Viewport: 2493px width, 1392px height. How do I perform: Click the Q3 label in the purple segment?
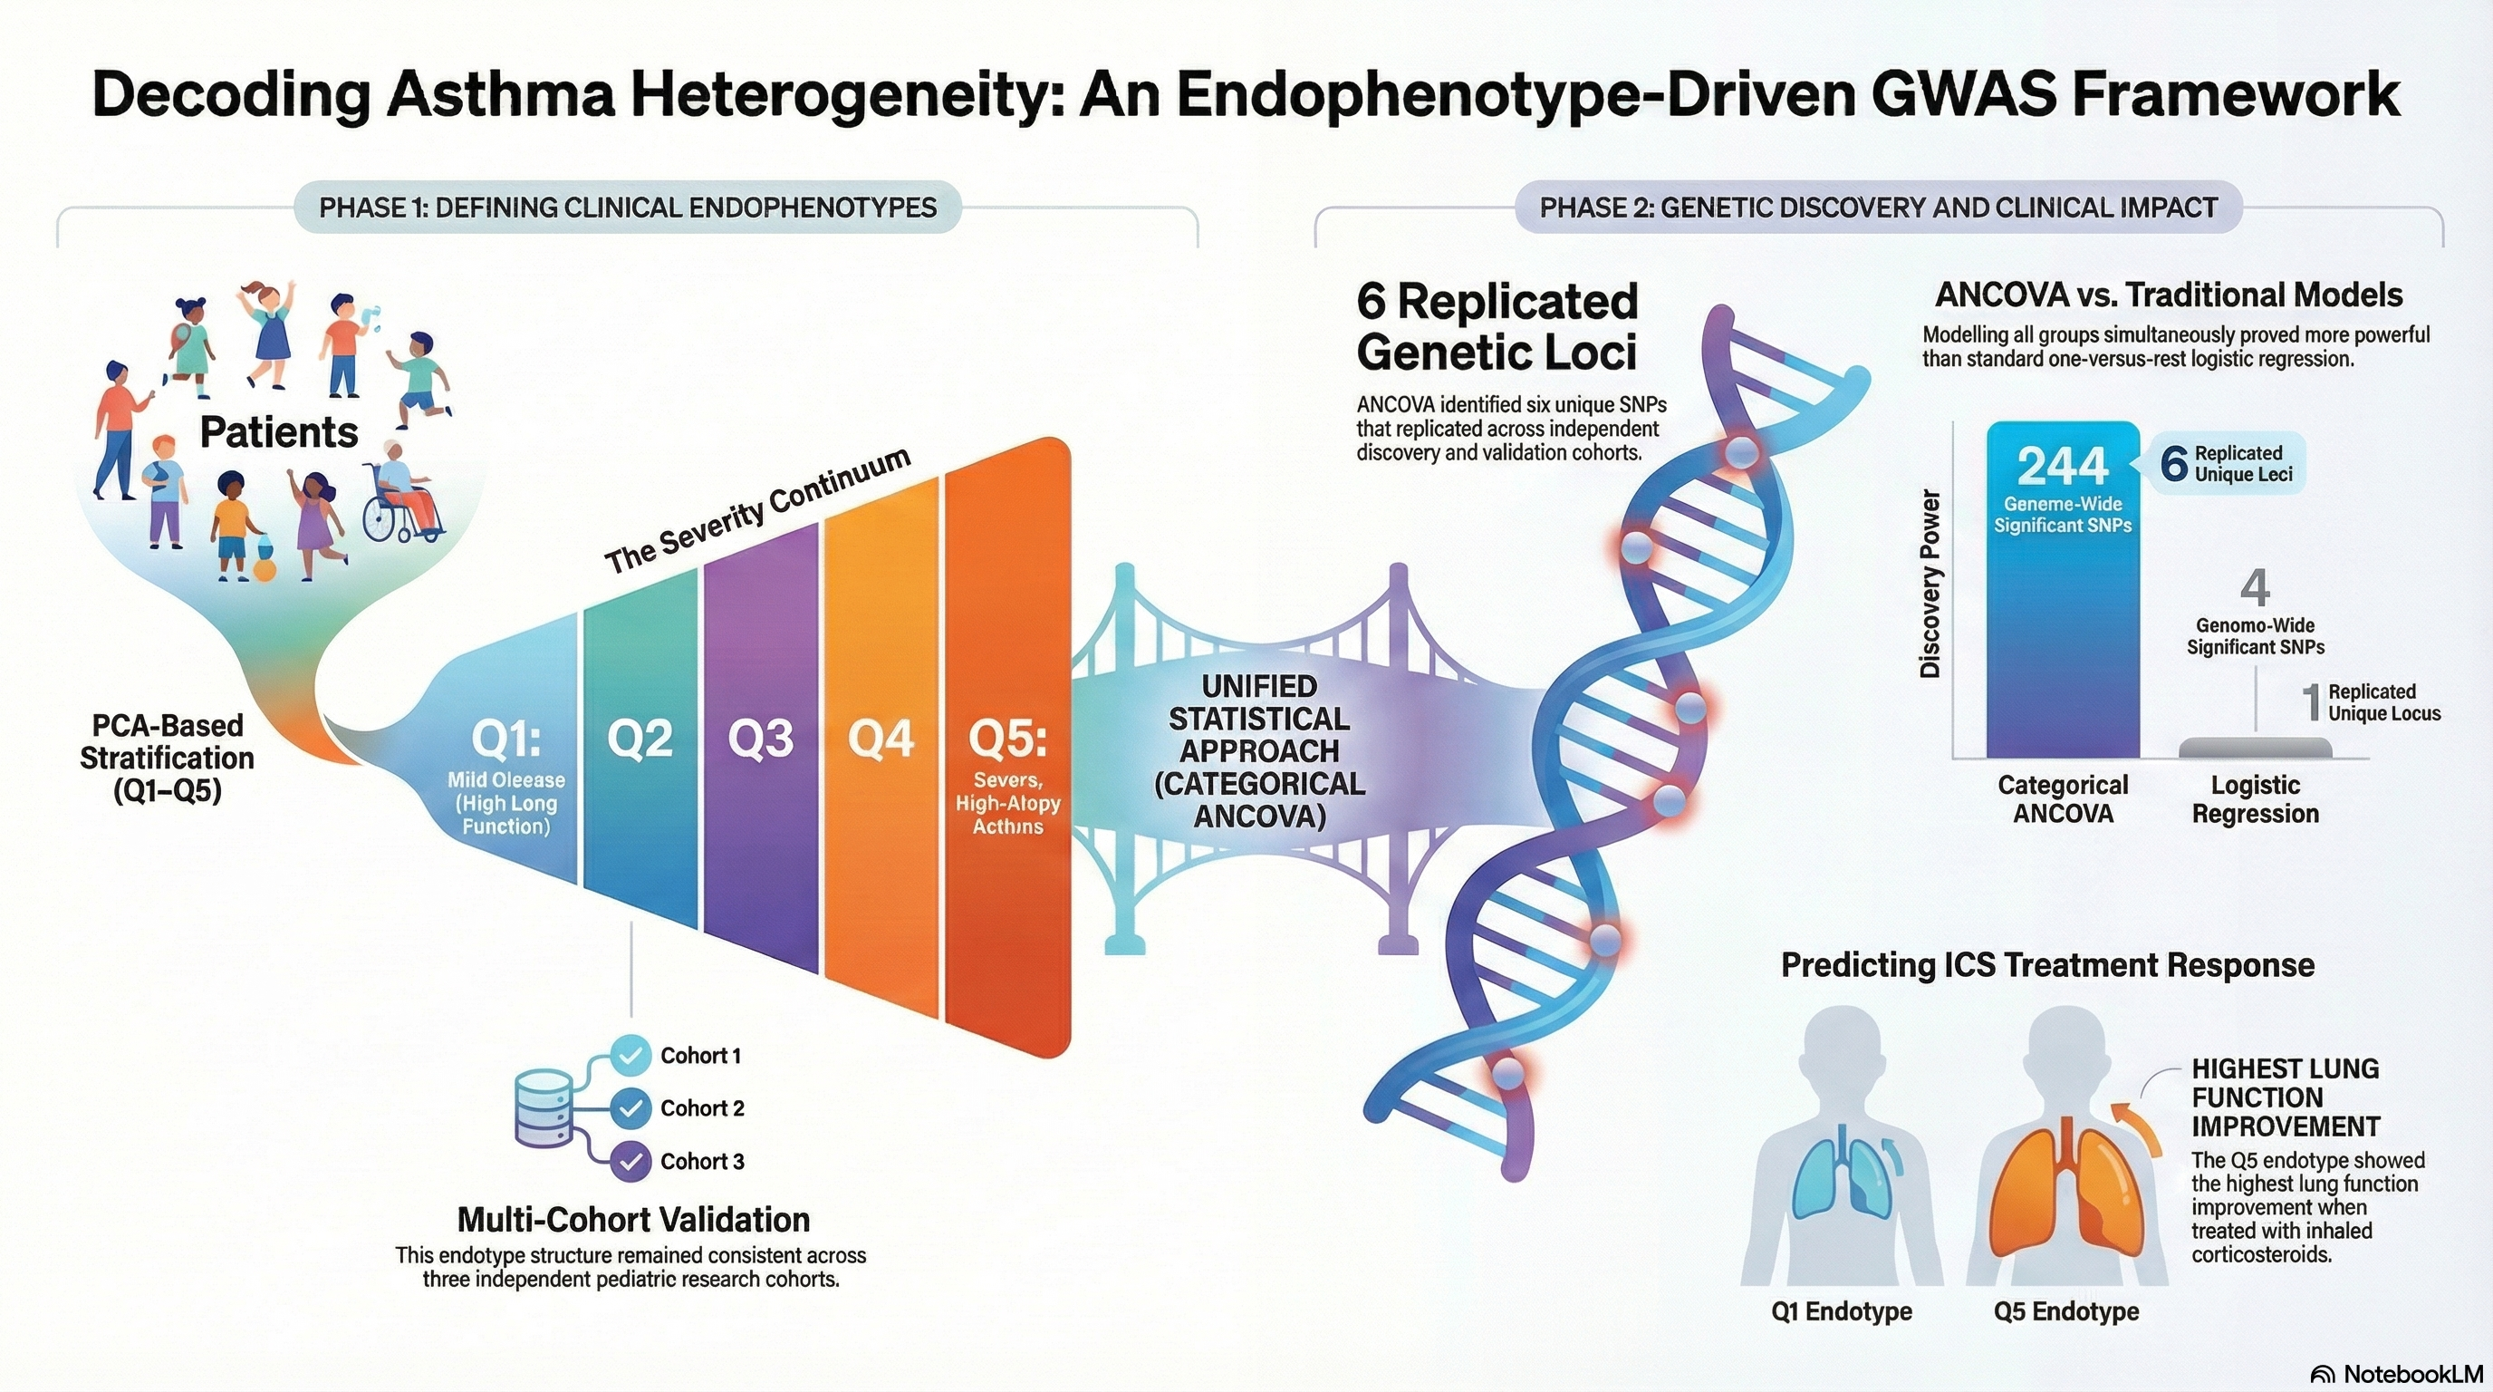coord(761,739)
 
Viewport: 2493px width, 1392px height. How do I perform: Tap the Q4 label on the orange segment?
coord(881,739)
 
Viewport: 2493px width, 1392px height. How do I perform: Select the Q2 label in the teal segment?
coord(640,739)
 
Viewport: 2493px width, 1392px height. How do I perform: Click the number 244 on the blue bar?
coord(2063,467)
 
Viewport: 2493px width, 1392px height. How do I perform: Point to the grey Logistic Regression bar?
coord(2255,748)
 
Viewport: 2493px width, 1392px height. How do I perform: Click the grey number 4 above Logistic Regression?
coord(2255,587)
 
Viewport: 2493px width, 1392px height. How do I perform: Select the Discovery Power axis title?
coord(1930,584)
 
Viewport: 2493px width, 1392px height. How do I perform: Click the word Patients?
coord(279,431)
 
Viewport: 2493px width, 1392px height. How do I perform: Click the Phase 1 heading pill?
coord(627,208)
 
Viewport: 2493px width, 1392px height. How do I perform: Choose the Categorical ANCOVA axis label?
coord(2063,798)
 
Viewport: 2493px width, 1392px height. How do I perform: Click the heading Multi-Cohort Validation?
coord(633,1219)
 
